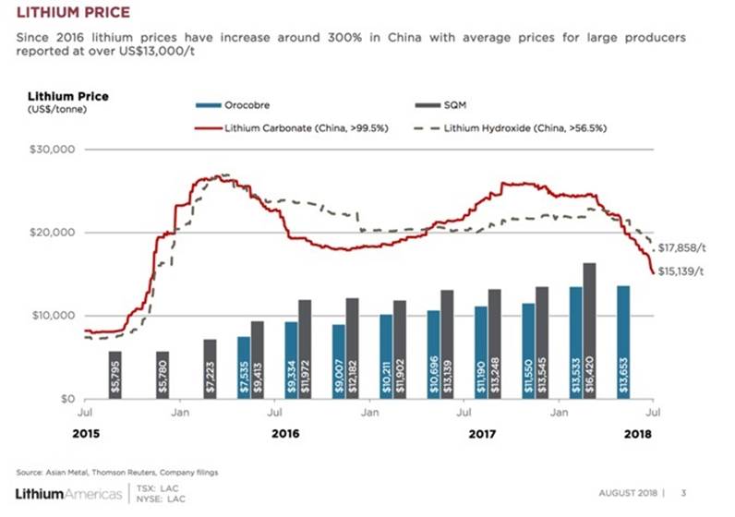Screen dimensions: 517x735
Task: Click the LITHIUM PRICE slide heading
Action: [x=66, y=12]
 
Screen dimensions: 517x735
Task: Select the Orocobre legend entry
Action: [x=247, y=104]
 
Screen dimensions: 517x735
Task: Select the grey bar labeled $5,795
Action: [x=115, y=375]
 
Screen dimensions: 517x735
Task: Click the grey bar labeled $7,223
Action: [x=210, y=369]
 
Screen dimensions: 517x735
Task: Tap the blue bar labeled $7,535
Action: [x=244, y=367]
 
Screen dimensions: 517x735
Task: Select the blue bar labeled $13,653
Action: [x=623, y=343]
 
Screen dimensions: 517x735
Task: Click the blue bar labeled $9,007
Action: [x=339, y=362]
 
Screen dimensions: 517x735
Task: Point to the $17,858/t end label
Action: [x=685, y=247]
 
